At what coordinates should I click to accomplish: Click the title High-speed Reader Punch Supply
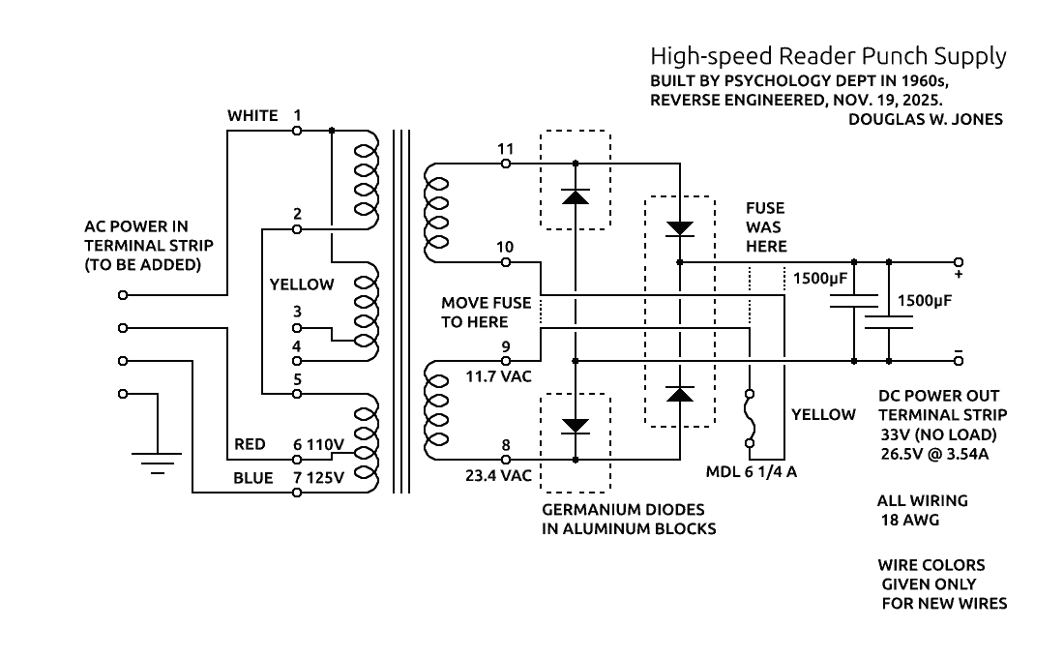click(x=828, y=56)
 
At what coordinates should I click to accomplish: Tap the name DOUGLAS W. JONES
click(x=925, y=120)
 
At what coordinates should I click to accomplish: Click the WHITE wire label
click(x=252, y=116)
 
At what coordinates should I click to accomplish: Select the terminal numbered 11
click(x=505, y=164)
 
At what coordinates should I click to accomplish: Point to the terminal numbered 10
click(x=505, y=262)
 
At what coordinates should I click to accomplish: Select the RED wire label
click(x=250, y=444)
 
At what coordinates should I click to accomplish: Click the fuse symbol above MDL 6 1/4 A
click(x=749, y=418)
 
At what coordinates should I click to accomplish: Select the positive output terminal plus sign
click(x=959, y=275)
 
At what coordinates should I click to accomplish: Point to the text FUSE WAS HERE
click(x=765, y=227)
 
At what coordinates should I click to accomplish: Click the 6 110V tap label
click(x=319, y=444)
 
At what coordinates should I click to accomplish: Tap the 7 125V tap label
click(x=319, y=478)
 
